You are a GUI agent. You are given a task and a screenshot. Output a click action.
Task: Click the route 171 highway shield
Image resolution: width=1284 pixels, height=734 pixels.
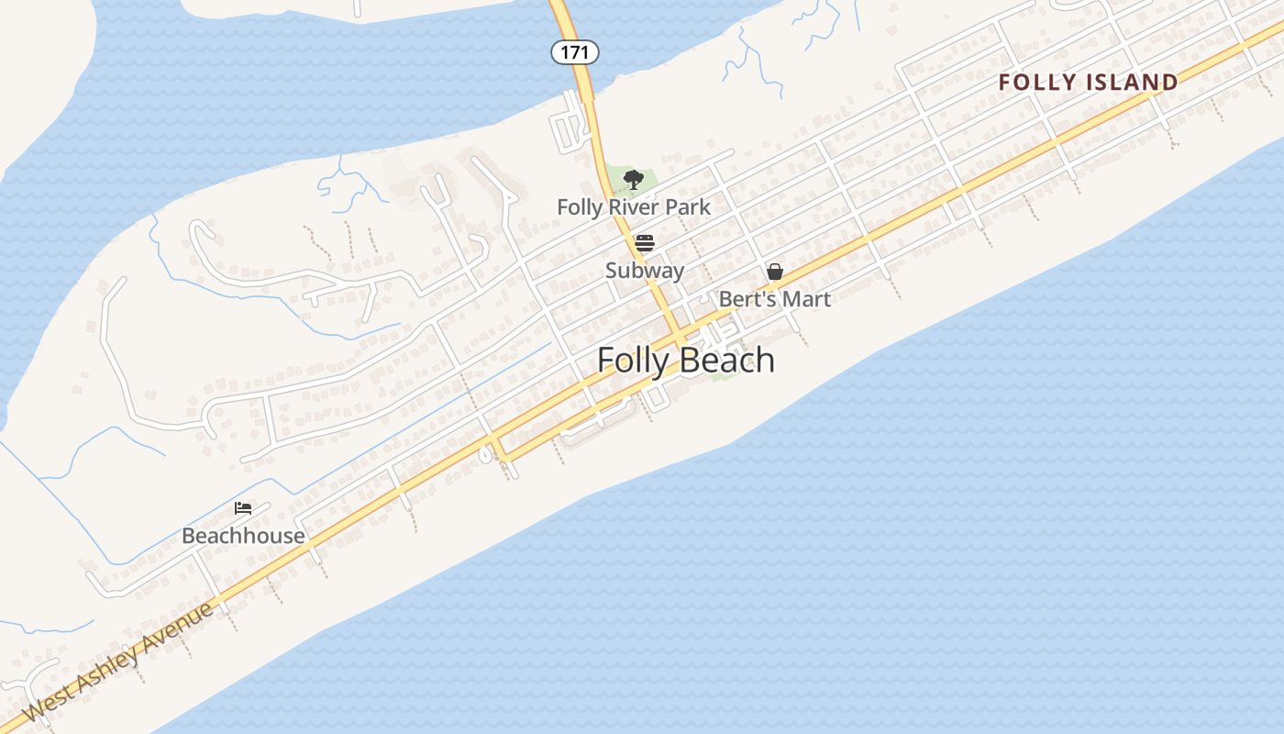coord(575,52)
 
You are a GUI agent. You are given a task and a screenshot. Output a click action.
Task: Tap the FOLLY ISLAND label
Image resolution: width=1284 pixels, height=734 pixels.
coord(1089,83)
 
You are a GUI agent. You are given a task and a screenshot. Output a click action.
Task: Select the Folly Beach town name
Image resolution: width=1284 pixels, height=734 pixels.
coord(686,361)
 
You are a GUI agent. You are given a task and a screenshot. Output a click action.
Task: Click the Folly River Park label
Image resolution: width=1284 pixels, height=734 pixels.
coord(634,207)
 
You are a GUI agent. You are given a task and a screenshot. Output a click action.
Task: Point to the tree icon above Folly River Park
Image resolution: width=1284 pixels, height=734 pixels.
coord(633,179)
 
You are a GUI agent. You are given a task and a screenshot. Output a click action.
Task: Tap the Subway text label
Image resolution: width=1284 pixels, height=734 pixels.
coord(645,271)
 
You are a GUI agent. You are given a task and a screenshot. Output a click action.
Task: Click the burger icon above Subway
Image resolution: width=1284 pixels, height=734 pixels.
coord(645,243)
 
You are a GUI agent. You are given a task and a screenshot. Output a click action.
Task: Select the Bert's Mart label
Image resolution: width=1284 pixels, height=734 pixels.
coord(775,299)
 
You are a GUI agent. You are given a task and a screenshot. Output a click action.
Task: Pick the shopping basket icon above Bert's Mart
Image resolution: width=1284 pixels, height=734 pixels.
coord(775,272)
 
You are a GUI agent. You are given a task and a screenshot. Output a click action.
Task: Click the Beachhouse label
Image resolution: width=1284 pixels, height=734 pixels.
coord(243,536)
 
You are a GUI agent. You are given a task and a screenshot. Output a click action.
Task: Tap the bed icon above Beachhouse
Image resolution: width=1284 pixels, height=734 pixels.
coord(243,508)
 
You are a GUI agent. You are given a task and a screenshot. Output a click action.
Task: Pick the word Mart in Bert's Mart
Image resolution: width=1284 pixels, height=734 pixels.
coord(809,299)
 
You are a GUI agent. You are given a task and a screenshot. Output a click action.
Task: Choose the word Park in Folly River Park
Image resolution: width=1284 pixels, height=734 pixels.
coord(689,207)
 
